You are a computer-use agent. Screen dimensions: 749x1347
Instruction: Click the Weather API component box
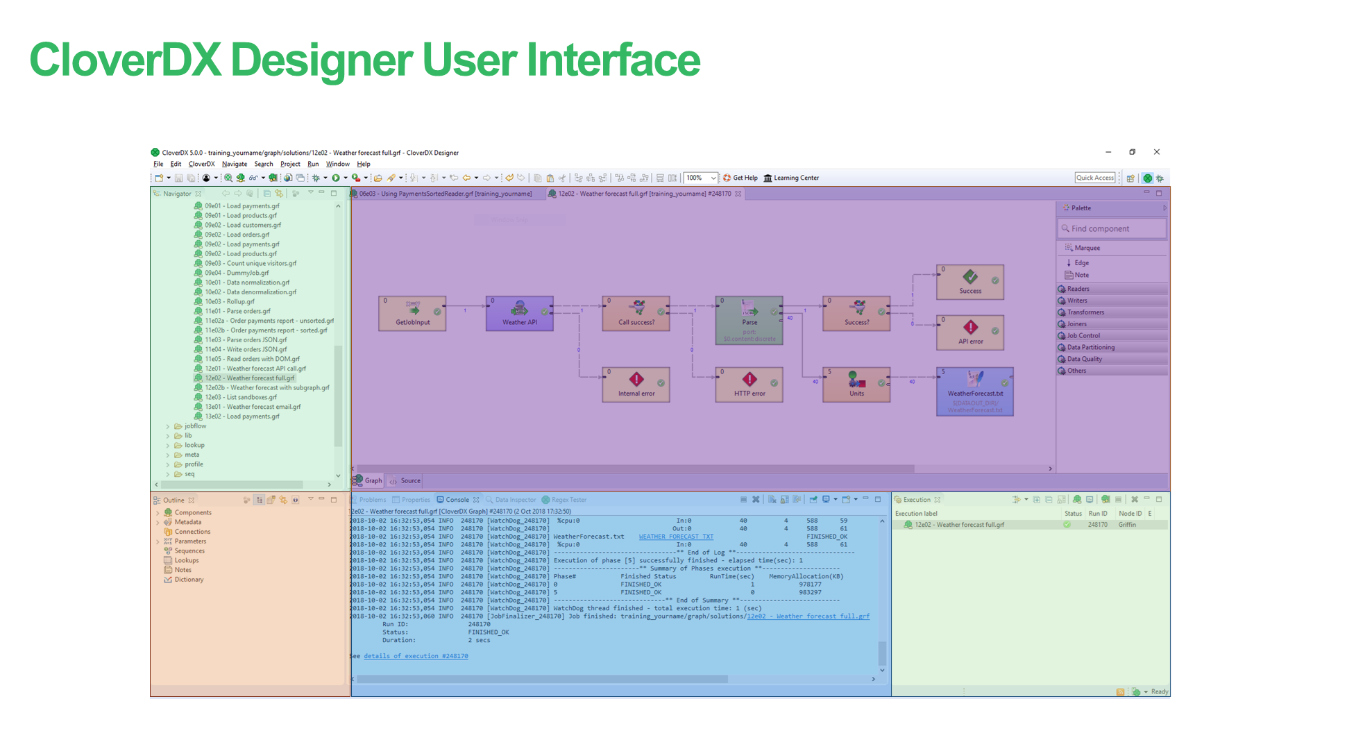click(x=519, y=313)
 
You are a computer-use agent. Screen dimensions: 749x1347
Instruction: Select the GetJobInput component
click(x=412, y=313)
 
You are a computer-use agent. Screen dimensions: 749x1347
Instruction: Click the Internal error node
click(x=636, y=385)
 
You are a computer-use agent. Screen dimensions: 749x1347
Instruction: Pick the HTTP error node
click(x=749, y=385)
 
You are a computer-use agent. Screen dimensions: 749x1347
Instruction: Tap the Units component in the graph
click(x=856, y=385)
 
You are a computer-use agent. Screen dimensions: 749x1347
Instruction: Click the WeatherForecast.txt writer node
click(x=974, y=392)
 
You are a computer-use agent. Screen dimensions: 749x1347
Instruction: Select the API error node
click(x=970, y=333)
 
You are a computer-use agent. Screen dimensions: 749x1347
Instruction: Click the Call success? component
click(x=636, y=313)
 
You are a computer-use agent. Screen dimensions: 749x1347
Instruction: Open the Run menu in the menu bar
click(x=313, y=165)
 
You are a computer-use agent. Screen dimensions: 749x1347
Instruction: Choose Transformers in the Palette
click(x=1085, y=312)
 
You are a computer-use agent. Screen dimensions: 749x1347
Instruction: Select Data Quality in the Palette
click(x=1084, y=359)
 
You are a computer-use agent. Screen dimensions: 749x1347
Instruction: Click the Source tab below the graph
click(x=409, y=480)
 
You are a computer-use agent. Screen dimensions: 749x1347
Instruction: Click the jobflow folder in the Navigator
click(x=195, y=426)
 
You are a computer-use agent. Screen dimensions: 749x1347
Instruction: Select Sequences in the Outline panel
click(x=189, y=551)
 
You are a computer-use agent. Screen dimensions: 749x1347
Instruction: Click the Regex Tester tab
click(x=568, y=500)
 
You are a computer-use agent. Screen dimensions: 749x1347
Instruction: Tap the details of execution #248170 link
click(x=416, y=656)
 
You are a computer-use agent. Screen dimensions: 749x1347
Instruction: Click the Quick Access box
click(x=1094, y=178)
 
